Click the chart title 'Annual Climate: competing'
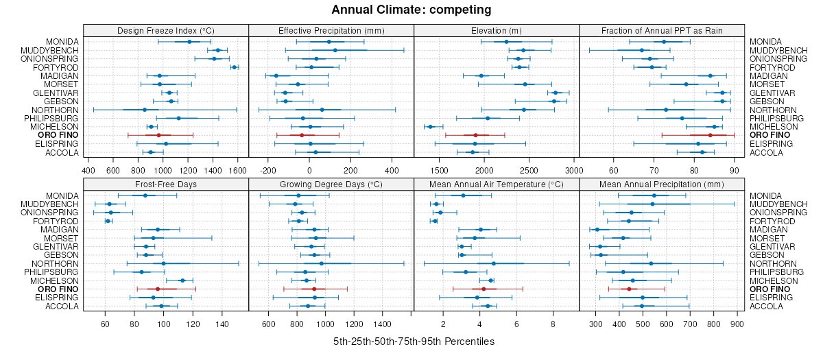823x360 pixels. [411, 10]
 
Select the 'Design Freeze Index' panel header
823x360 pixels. [165, 30]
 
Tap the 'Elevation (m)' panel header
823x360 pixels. [497, 30]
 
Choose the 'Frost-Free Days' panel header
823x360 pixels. [165, 184]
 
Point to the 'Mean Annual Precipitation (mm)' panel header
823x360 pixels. [662, 184]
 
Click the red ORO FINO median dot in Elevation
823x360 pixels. [475, 135]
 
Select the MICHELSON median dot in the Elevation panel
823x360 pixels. [431, 127]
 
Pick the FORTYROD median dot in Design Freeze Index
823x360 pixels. [235, 67]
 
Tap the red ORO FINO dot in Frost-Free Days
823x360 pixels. [158, 289]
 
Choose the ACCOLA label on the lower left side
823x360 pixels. [63, 307]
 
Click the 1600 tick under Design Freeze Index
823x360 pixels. [237, 170]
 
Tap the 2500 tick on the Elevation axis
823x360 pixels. [529, 170]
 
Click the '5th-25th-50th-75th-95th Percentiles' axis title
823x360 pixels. [414, 341]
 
